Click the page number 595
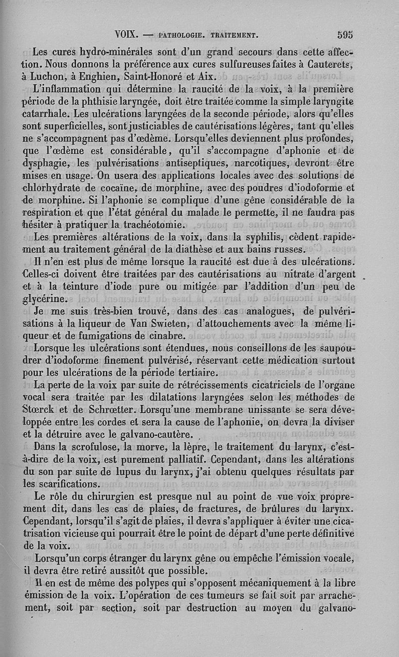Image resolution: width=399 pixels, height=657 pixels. point(345,35)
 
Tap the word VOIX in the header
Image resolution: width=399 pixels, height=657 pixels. point(125,35)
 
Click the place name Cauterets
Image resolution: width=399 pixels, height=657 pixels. point(330,64)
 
